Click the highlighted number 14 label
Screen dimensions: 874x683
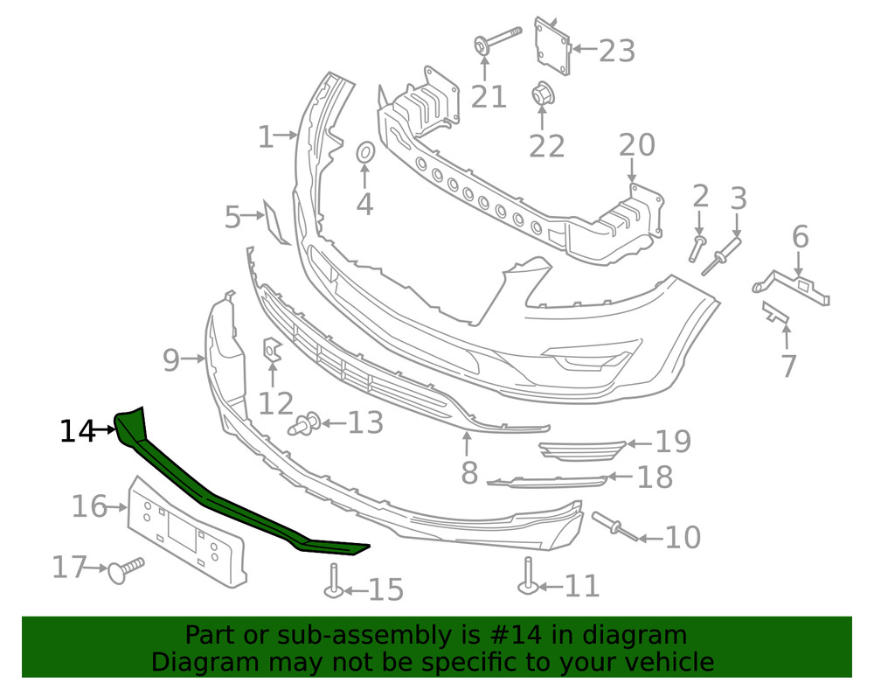coord(76,430)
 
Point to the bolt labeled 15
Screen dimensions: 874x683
coord(335,581)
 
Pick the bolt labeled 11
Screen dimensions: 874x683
coord(528,576)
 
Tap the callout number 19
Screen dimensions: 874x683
coord(673,443)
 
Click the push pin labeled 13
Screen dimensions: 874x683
coord(305,424)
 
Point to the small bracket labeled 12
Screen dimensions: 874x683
coord(272,350)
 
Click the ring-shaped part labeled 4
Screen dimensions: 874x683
coord(365,153)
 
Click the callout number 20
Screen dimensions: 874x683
coord(636,145)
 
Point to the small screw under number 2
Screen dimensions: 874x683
coord(697,247)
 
